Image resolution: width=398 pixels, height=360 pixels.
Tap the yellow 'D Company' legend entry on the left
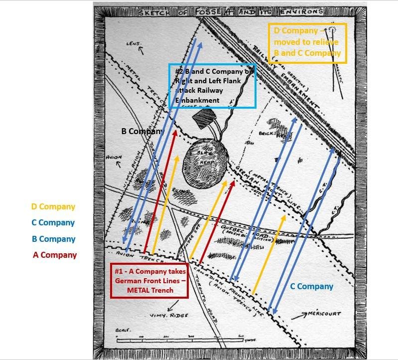53,206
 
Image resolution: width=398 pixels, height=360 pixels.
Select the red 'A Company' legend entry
55,255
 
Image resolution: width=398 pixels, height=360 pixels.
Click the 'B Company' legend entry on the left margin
53,239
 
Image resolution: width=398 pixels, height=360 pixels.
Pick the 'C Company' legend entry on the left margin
53,223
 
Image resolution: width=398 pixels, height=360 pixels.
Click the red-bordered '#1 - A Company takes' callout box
149,281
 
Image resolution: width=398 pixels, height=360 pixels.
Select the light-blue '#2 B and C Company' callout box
212,86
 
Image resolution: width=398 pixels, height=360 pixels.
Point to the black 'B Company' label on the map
142,132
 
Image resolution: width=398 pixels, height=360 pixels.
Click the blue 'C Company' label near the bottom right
312,286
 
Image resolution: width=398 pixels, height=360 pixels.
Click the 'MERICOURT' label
324,314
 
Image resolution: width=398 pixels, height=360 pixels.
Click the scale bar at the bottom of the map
179,340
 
